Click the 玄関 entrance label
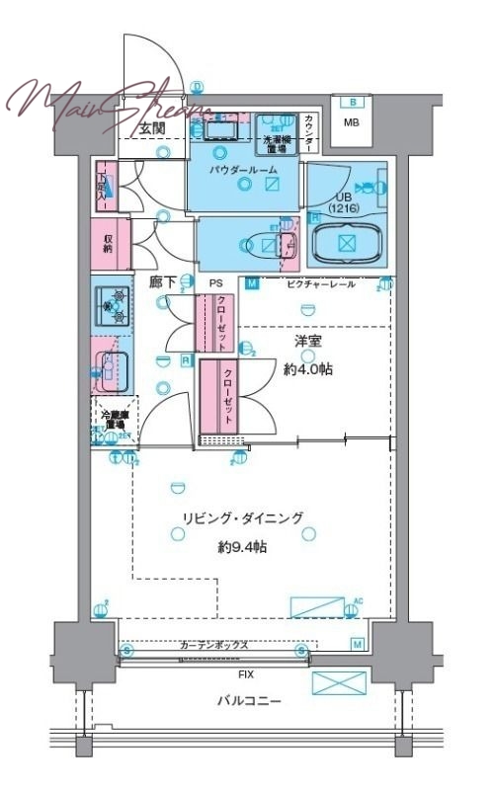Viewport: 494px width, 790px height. (x=151, y=128)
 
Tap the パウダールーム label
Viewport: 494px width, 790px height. (x=243, y=170)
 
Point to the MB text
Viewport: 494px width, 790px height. (x=351, y=123)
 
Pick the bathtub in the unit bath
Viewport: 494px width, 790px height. (x=347, y=244)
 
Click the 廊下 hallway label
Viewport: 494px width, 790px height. (x=163, y=282)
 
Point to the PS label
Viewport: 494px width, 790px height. (x=215, y=283)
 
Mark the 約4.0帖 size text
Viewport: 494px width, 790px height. (x=309, y=368)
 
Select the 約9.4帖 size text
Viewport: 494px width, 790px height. (x=241, y=546)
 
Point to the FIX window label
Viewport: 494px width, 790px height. (x=243, y=673)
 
